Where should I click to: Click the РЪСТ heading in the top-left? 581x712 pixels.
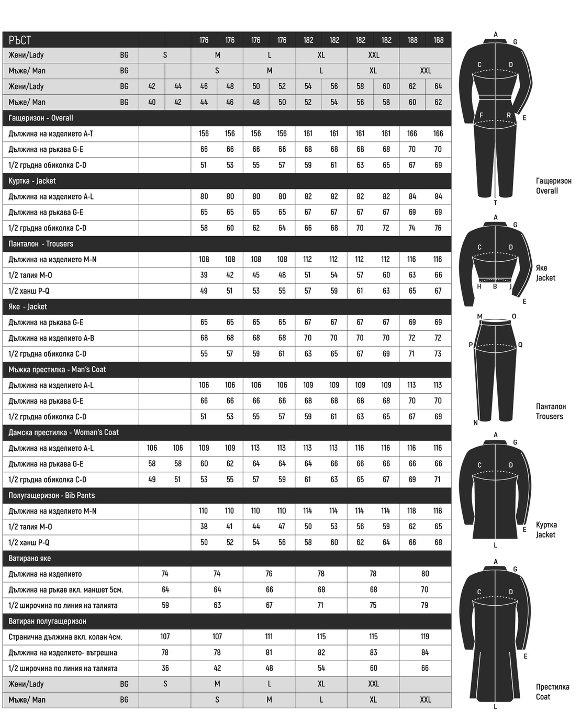pyautogui.click(x=20, y=40)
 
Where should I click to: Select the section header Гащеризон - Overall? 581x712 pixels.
pyautogui.click(x=41, y=118)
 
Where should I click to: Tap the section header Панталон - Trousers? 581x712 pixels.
pyautogui.click(x=41, y=243)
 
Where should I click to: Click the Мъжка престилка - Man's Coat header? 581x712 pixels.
pyautogui.click(x=57, y=370)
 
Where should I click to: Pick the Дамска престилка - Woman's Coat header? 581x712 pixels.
pyautogui.click(x=63, y=432)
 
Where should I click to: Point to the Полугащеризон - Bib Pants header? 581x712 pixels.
pyautogui.click(x=52, y=495)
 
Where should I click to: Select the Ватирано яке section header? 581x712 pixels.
pyautogui.click(x=30, y=558)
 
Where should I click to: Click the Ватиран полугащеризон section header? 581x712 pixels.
pyautogui.click(x=47, y=621)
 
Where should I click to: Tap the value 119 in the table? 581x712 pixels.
pyautogui.click(x=424, y=637)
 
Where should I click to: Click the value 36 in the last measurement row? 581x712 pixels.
pyautogui.click(x=165, y=668)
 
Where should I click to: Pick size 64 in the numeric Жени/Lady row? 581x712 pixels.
pyautogui.click(x=438, y=86)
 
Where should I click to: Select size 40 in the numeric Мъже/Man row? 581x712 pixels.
pyautogui.click(x=152, y=102)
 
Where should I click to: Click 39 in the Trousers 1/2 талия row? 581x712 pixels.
pyautogui.click(x=204, y=275)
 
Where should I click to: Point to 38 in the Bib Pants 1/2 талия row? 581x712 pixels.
pyautogui.click(x=204, y=527)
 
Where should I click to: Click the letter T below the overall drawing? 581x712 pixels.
pyautogui.click(x=495, y=203)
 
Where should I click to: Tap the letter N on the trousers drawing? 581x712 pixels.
pyautogui.click(x=475, y=423)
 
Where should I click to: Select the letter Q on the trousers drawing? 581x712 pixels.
pyautogui.click(x=520, y=345)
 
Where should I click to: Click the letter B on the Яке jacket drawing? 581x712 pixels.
pyautogui.click(x=495, y=286)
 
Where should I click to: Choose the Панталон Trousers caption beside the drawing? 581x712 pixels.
pyautogui.click(x=551, y=411)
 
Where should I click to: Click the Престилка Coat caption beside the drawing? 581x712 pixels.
pyautogui.click(x=552, y=692)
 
